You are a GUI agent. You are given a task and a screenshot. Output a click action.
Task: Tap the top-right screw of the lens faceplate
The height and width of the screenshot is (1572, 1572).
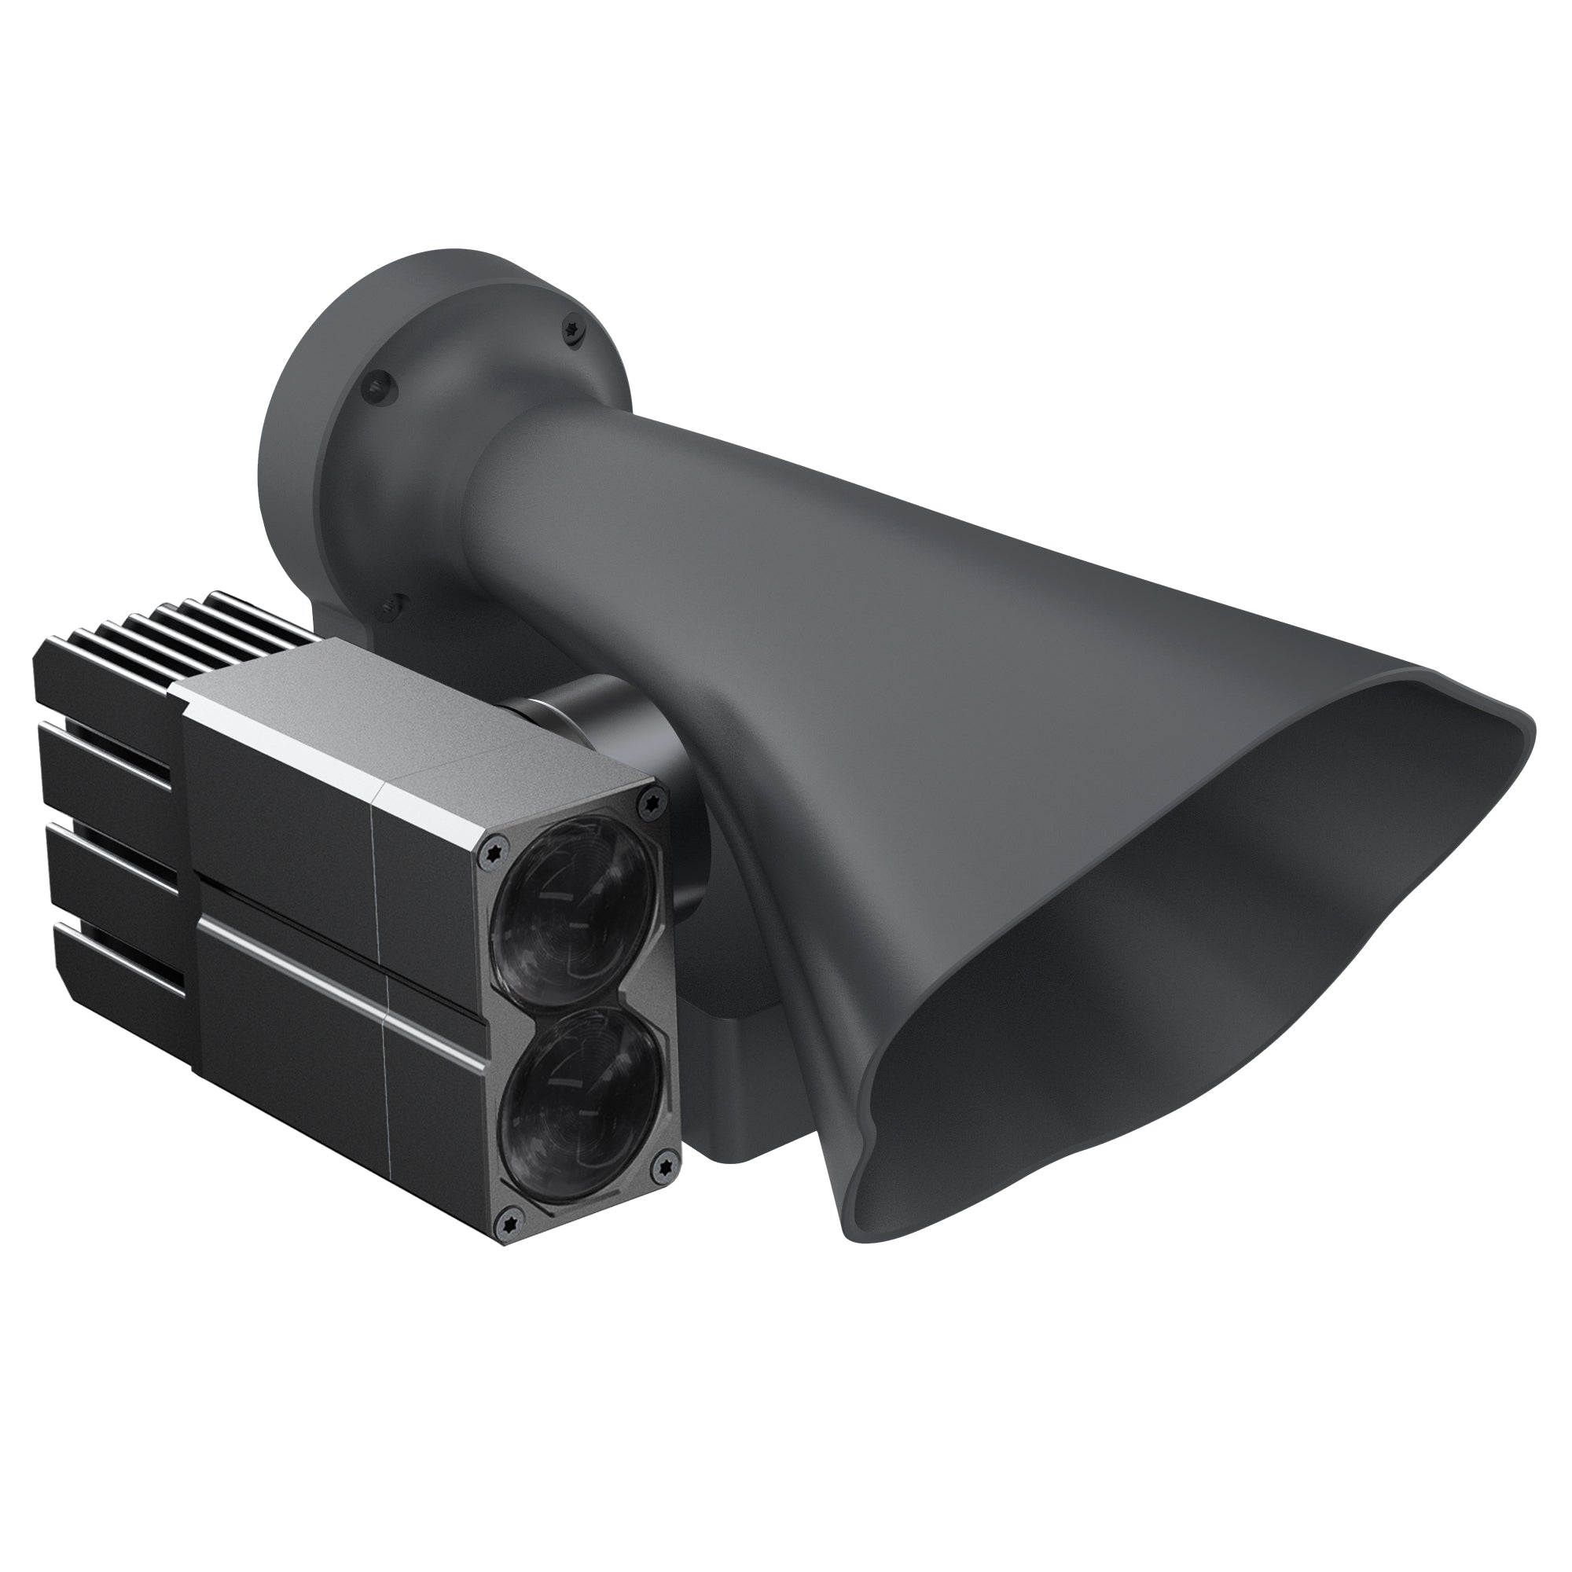coord(648,799)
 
